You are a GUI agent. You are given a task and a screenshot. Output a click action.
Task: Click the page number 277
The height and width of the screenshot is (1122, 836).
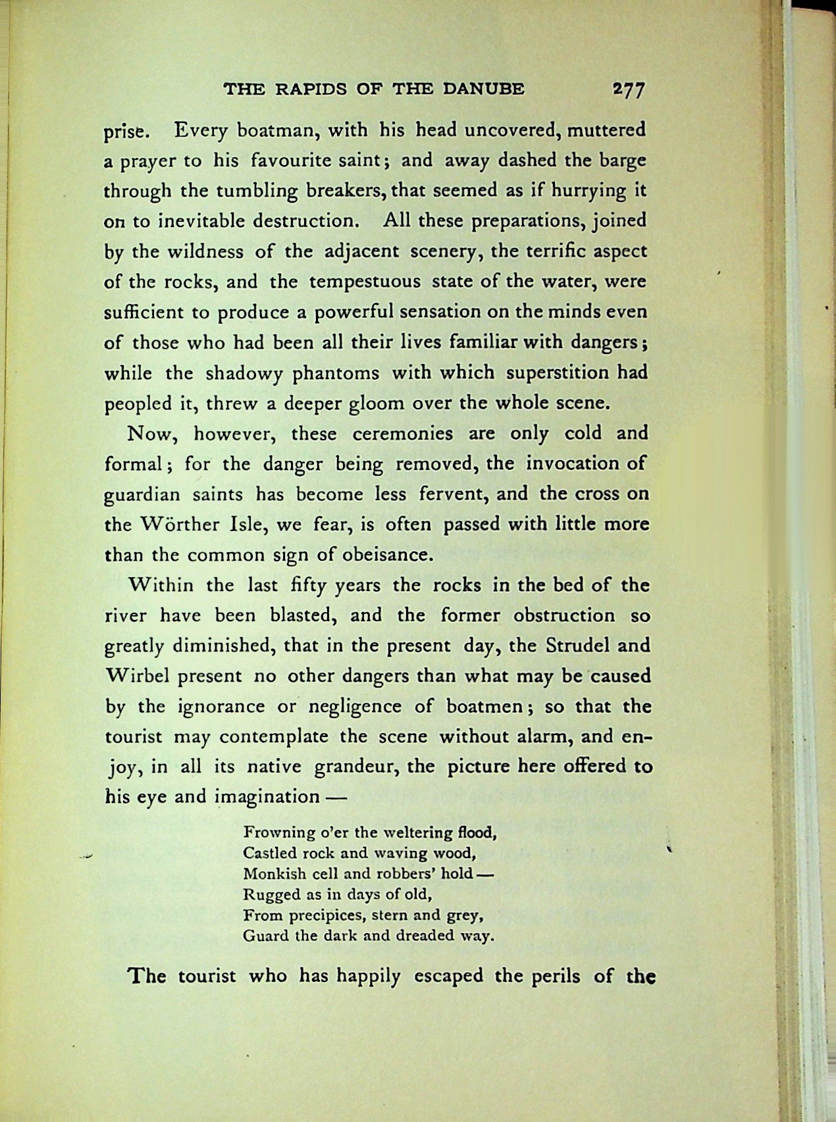(628, 89)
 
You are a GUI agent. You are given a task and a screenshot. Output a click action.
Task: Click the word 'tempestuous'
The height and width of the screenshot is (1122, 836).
(365, 282)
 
